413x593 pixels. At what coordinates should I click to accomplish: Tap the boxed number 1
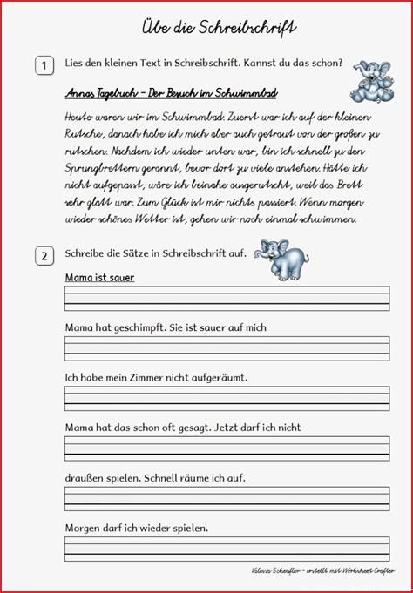click(x=43, y=64)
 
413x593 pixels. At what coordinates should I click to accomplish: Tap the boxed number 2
click(x=43, y=256)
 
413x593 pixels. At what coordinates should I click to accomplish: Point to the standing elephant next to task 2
click(x=284, y=259)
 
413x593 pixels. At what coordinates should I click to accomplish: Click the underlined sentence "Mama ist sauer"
click(x=99, y=278)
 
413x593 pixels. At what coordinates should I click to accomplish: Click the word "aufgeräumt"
click(x=218, y=377)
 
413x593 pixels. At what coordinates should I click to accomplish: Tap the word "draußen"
click(x=85, y=477)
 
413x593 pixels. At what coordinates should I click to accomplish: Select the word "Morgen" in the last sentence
click(x=84, y=528)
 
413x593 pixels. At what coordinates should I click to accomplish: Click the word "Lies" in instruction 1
click(x=74, y=64)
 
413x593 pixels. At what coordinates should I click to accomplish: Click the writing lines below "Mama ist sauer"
click(x=227, y=298)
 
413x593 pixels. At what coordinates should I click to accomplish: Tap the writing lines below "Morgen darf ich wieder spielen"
click(x=227, y=549)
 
